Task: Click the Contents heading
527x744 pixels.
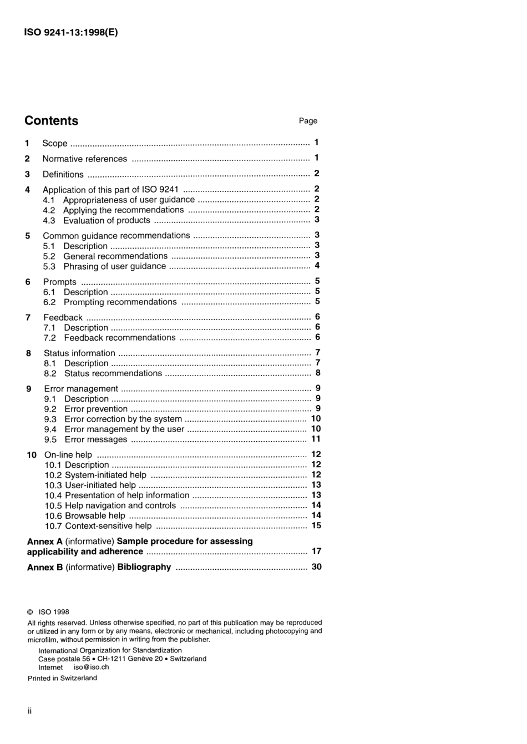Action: tap(51, 121)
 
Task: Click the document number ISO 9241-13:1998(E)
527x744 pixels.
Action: tap(71, 32)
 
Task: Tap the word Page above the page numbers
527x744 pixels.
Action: tap(308, 121)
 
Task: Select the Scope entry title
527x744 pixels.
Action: tap(54, 143)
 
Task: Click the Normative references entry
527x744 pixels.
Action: tap(84, 159)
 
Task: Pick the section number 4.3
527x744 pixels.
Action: tap(49, 220)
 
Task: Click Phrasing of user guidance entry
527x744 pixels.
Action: tap(114, 266)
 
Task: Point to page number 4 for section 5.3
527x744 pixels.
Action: tap(317, 266)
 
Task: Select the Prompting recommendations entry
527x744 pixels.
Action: tap(120, 302)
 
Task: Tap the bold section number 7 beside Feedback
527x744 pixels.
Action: tap(28, 317)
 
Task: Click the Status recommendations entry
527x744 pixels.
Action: tap(113, 373)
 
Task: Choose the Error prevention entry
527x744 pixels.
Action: tap(96, 409)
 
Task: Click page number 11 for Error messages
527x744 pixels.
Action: tap(316, 439)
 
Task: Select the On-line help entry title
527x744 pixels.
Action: tap(68, 455)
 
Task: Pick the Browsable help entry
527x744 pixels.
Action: tap(95, 516)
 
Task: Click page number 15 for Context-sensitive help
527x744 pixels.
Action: tap(316, 525)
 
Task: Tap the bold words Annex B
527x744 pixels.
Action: tap(44, 567)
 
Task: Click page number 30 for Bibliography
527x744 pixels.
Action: tap(316, 567)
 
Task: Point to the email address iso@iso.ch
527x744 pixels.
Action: tap(91, 667)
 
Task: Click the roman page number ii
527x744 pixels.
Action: tap(29, 711)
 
